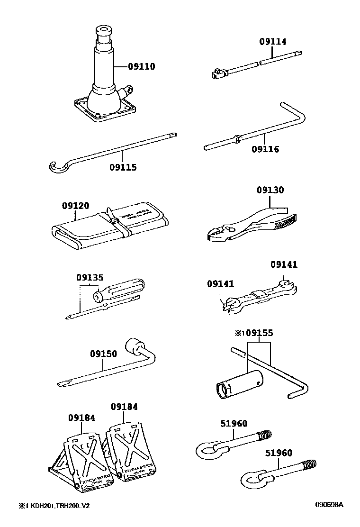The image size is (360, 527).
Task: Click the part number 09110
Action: tap(141, 66)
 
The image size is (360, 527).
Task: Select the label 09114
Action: tap(272, 42)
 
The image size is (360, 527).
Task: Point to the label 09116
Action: tap(265, 149)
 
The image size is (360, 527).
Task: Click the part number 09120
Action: tap(75, 206)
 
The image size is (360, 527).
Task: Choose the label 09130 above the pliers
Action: tap(270, 190)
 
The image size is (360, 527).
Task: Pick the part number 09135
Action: tap(90, 277)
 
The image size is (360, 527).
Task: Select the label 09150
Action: tap(104, 354)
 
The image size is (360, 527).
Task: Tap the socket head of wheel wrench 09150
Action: tap(134, 345)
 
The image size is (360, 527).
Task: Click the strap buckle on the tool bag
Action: tap(115, 221)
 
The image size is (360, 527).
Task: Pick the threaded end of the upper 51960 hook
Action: tap(266, 434)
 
